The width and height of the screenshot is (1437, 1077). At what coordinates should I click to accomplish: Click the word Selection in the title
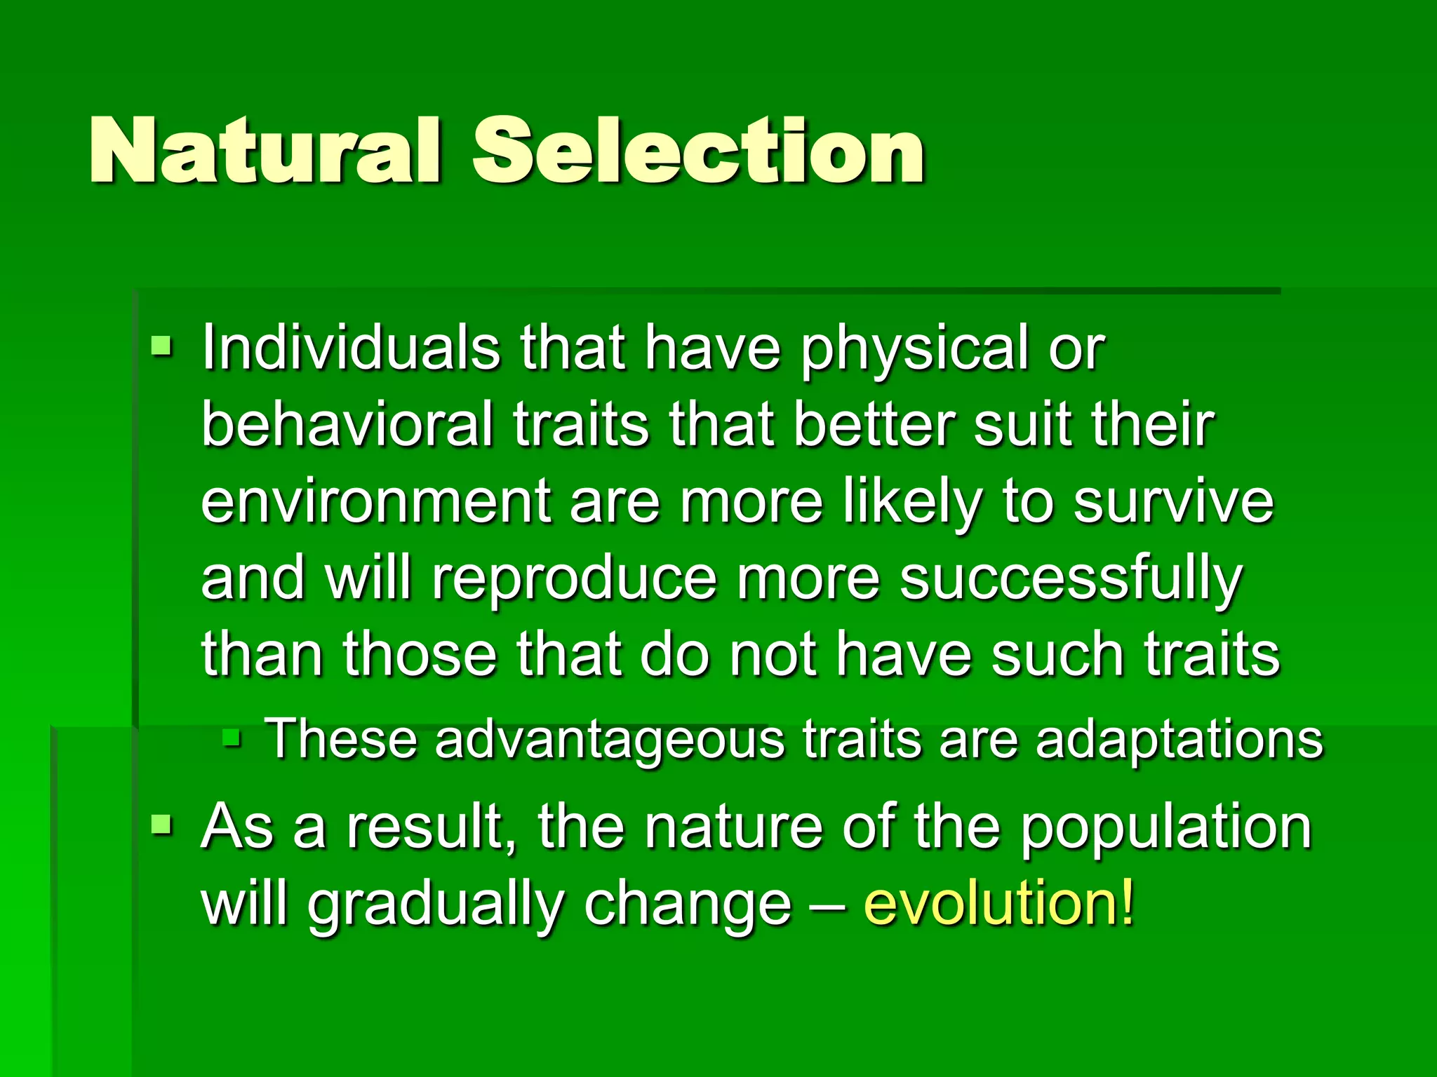coord(698,151)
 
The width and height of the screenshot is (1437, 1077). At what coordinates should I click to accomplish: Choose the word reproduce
coord(574,581)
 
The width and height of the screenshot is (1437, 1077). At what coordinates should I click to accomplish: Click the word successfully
coord(1071,581)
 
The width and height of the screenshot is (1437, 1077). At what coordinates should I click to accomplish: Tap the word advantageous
coord(609,740)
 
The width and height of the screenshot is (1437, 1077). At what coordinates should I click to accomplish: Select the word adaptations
coord(1179,740)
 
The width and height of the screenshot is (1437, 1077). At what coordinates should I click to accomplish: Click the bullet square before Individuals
coord(161,345)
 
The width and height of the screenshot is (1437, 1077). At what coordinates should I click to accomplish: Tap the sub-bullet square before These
coord(232,737)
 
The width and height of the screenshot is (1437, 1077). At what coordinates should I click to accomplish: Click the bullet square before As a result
coord(161,825)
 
